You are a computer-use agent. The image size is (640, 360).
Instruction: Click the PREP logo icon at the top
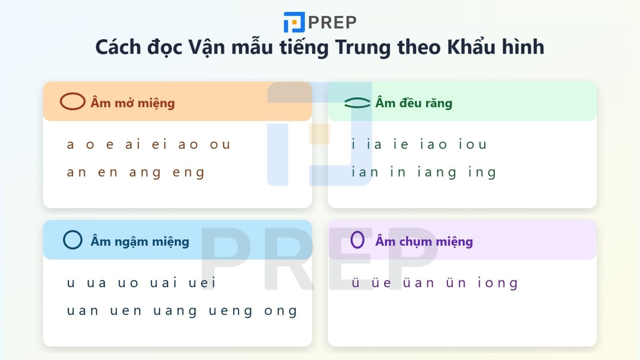point(294,22)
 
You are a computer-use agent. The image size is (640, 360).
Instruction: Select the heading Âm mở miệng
point(132,103)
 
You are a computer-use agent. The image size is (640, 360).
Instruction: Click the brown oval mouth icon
point(72,102)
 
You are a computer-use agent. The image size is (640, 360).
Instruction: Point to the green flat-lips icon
point(357,103)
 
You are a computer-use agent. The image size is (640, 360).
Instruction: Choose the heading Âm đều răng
point(414,103)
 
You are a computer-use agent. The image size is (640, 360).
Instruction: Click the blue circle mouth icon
point(73,240)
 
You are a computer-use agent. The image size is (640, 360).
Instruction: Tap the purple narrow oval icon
point(357,240)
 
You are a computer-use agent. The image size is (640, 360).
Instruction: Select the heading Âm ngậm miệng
point(140,242)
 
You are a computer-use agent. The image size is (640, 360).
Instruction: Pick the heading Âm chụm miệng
point(424,242)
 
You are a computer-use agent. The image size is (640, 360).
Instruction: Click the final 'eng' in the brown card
point(189,173)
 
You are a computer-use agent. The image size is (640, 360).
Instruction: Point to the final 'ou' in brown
point(220,144)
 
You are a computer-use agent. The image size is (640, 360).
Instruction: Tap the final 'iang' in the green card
point(437,173)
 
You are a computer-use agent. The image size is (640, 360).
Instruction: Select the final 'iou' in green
point(473,144)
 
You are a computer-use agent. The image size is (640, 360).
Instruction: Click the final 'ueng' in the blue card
point(231,311)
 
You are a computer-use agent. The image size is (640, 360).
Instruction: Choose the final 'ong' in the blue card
point(281,311)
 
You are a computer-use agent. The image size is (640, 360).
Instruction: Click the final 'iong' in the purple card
point(498,283)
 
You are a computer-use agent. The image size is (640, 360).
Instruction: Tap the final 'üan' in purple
point(418,283)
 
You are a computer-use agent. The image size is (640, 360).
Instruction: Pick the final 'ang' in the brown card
point(145,173)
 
